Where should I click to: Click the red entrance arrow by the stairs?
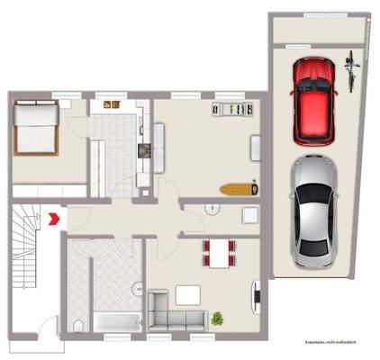click(57, 217)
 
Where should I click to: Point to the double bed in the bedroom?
click(37, 128)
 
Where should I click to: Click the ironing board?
click(239, 190)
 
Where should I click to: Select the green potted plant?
click(218, 318)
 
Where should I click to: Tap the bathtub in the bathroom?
click(116, 322)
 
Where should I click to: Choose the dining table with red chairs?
click(217, 252)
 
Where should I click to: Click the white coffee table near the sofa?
click(188, 294)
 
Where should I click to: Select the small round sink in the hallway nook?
click(212, 211)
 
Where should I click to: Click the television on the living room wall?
click(258, 292)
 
